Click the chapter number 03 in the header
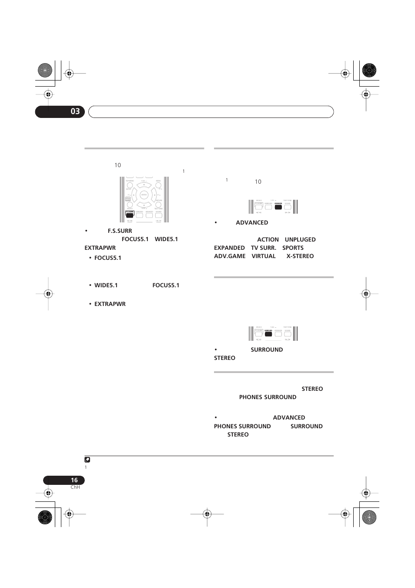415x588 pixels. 75,111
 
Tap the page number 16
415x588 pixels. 74,480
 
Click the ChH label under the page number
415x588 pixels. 75,487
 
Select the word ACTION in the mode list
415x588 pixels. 268,239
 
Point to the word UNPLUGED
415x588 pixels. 300,239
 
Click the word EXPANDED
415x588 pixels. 229,248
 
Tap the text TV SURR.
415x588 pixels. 263,248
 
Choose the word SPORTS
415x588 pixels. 293,248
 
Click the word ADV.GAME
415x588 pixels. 230,256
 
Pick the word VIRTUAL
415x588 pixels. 264,256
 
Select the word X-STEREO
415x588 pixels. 300,256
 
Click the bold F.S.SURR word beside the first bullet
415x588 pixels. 120,231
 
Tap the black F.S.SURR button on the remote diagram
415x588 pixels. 130,215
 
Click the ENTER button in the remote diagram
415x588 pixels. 144,195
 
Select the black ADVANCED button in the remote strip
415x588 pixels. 278,207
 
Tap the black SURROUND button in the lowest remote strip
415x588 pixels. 268,334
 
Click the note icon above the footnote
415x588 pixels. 87,460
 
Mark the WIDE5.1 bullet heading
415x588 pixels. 106,285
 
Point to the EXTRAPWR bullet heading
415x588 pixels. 110,304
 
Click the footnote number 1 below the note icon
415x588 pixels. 86,467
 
